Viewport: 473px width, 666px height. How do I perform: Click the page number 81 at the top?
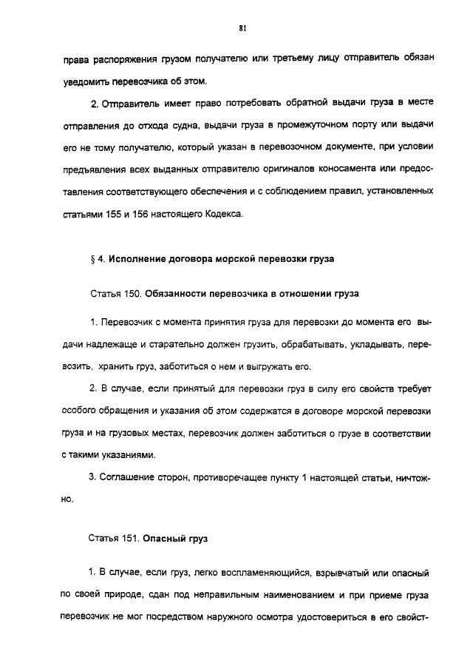pyautogui.click(x=242, y=28)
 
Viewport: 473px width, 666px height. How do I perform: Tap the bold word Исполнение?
pyautogui.click(x=138, y=259)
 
